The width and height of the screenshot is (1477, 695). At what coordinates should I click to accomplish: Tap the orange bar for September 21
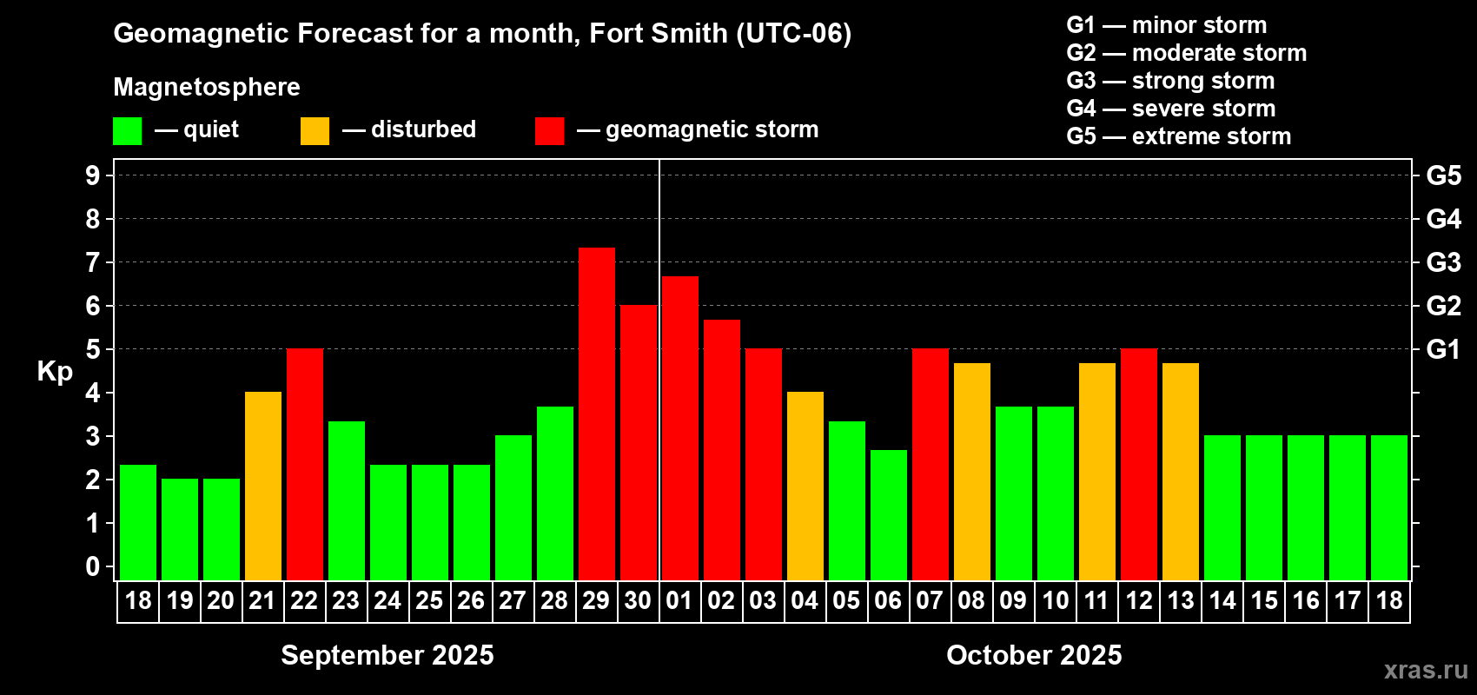pos(263,486)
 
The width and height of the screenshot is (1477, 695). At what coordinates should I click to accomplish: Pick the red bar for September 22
pos(305,464)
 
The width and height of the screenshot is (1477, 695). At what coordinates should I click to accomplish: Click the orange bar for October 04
pos(805,486)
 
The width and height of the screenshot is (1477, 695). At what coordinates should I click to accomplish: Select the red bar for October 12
pos(1139,464)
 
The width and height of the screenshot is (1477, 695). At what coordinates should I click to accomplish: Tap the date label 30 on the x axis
pos(638,600)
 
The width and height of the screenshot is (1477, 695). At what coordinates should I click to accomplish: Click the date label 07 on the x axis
pos(930,600)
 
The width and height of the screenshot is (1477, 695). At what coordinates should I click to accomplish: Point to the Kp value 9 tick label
pos(93,175)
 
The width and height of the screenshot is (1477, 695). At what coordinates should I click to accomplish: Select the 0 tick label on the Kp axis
pos(93,566)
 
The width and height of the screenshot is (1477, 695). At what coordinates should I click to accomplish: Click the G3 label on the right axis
pos(1443,262)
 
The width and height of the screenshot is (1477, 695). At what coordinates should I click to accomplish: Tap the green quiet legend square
pos(128,131)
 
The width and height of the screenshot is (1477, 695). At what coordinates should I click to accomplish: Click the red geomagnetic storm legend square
pos(549,131)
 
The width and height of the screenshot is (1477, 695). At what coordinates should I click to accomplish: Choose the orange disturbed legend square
pos(315,131)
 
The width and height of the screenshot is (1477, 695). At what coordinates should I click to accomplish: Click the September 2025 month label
pos(387,655)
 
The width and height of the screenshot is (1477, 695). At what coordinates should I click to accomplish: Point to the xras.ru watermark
pos(1426,670)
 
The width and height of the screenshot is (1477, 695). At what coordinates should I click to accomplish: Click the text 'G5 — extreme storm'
pos(1178,136)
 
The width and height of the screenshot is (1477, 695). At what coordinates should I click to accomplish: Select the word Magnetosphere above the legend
pos(207,87)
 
